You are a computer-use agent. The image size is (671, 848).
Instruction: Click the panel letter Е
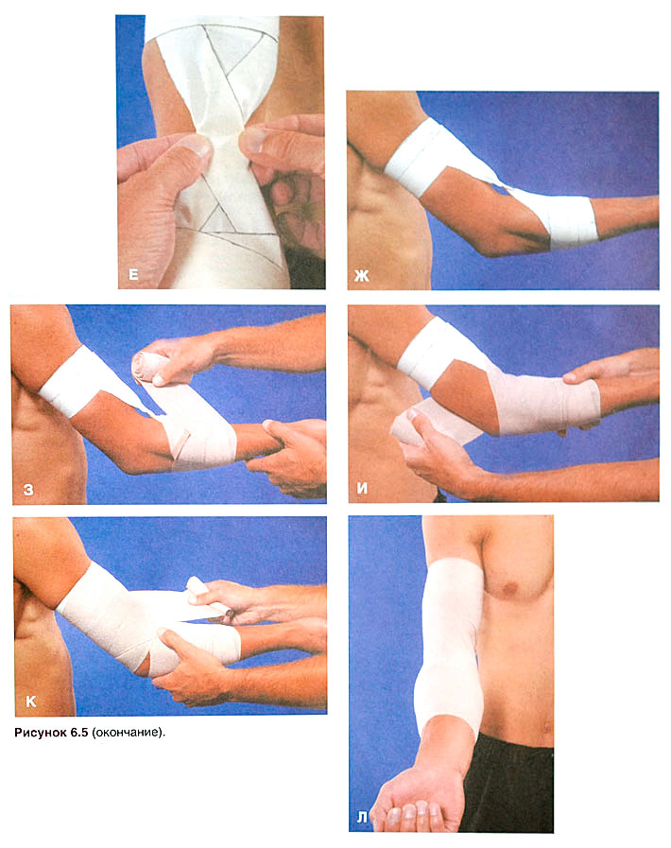point(133,275)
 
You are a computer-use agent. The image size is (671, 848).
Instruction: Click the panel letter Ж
point(362,276)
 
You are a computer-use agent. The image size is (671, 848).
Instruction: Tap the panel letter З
point(28,490)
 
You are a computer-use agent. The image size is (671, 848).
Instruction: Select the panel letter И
point(362,489)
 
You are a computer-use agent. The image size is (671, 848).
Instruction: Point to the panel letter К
point(31,701)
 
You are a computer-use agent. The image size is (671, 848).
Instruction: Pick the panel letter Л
point(362,818)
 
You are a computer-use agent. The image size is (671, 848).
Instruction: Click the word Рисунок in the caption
point(41,733)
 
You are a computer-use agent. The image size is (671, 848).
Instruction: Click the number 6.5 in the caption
point(79,733)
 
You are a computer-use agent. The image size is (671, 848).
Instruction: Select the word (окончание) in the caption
point(129,733)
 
